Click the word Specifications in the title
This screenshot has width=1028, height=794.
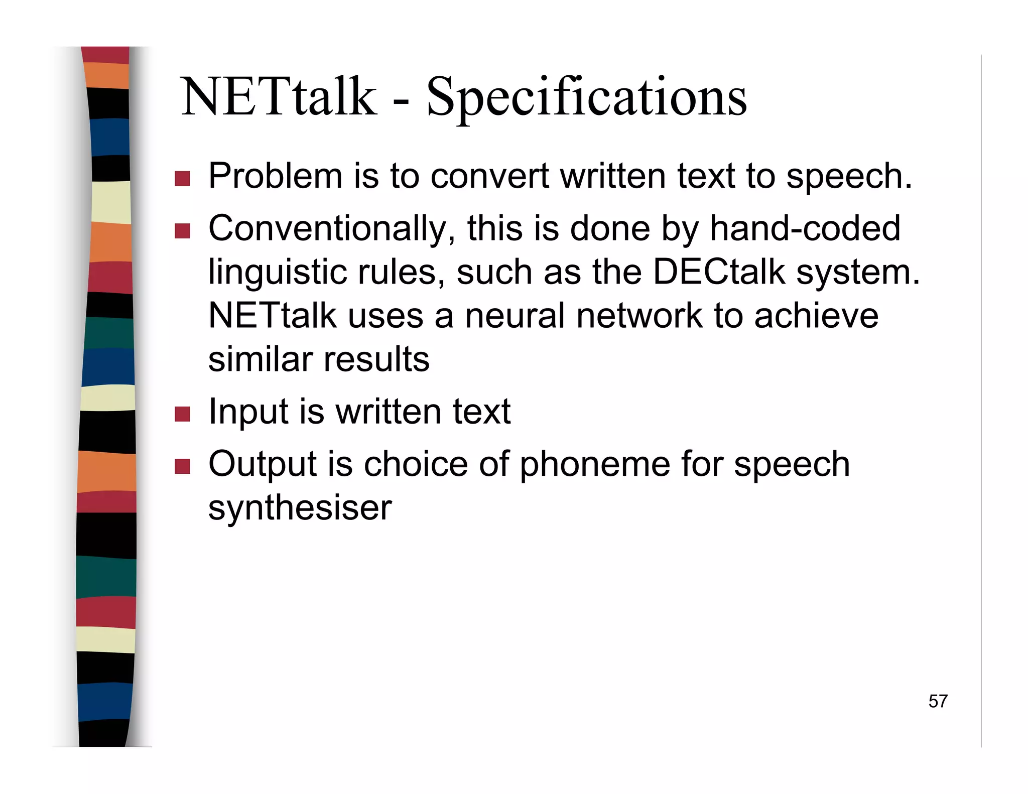(586, 98)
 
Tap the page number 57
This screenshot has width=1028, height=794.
(938, 701)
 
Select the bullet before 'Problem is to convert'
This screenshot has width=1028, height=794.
(182, 179)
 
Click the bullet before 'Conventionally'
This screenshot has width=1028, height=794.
(182, 231)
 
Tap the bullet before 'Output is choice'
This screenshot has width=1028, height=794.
(182, 466)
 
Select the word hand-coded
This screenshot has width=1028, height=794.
(805, 228)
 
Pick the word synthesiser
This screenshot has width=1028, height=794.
(300, 508)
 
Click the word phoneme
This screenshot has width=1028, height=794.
(594, 464)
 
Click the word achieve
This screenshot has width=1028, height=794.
(816, 316)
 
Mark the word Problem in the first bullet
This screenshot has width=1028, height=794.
(275, 177)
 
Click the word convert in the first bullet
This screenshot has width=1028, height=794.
(489, 177)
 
